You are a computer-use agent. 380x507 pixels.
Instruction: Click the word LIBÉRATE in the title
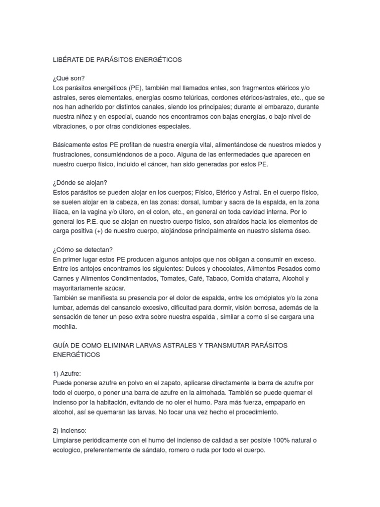(68, 60)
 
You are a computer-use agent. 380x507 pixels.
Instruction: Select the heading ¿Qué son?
(68, 78)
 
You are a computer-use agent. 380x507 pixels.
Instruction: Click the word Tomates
(172, 278)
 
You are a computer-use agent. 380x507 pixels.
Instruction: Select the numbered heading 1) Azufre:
(69, 374)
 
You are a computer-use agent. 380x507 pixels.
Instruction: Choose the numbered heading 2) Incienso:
(72, 431)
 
